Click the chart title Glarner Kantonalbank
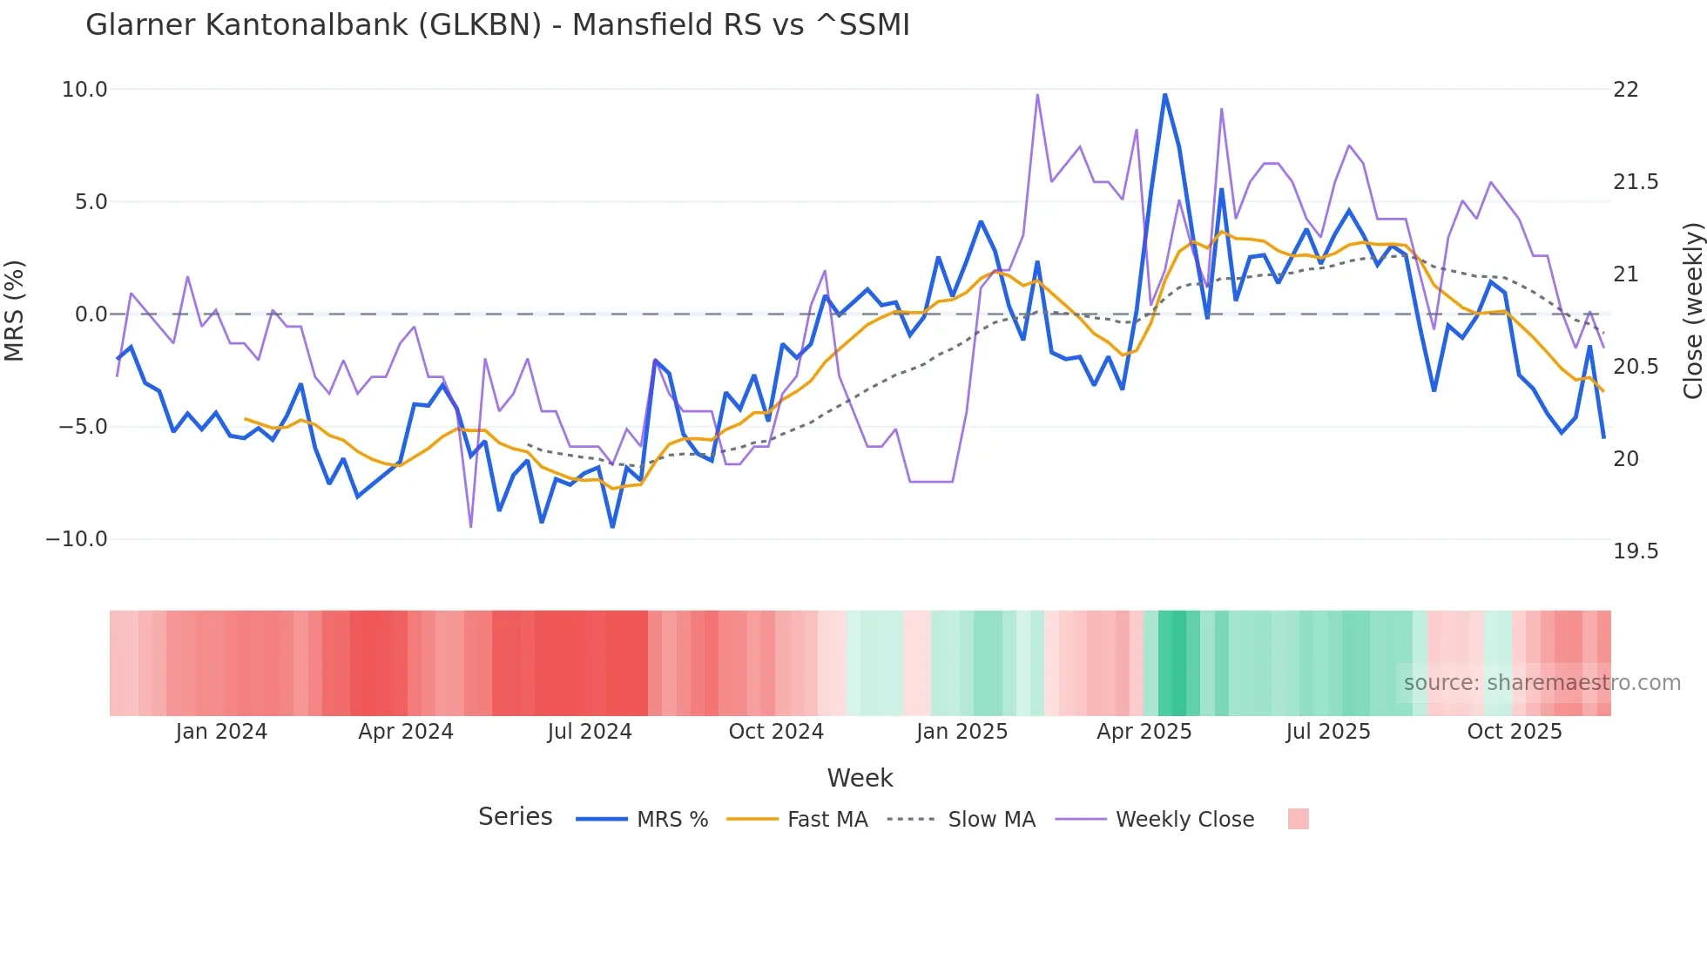(496, 25)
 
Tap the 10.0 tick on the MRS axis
(84, 90)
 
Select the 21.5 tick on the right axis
(1636, 182)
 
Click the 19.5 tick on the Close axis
(1636, 551)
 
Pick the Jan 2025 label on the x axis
(961, 732)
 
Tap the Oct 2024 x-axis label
(776, 732)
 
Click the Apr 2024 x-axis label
(406, 732)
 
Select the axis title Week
(860, 778)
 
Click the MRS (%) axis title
(15, 311)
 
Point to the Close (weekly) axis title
(1692, 311)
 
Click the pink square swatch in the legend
(1298, 819)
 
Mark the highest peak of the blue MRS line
(1164, 94)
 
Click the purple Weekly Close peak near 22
(1037, 95)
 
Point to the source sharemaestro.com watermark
(1542, 683)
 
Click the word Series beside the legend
(515, 817)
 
